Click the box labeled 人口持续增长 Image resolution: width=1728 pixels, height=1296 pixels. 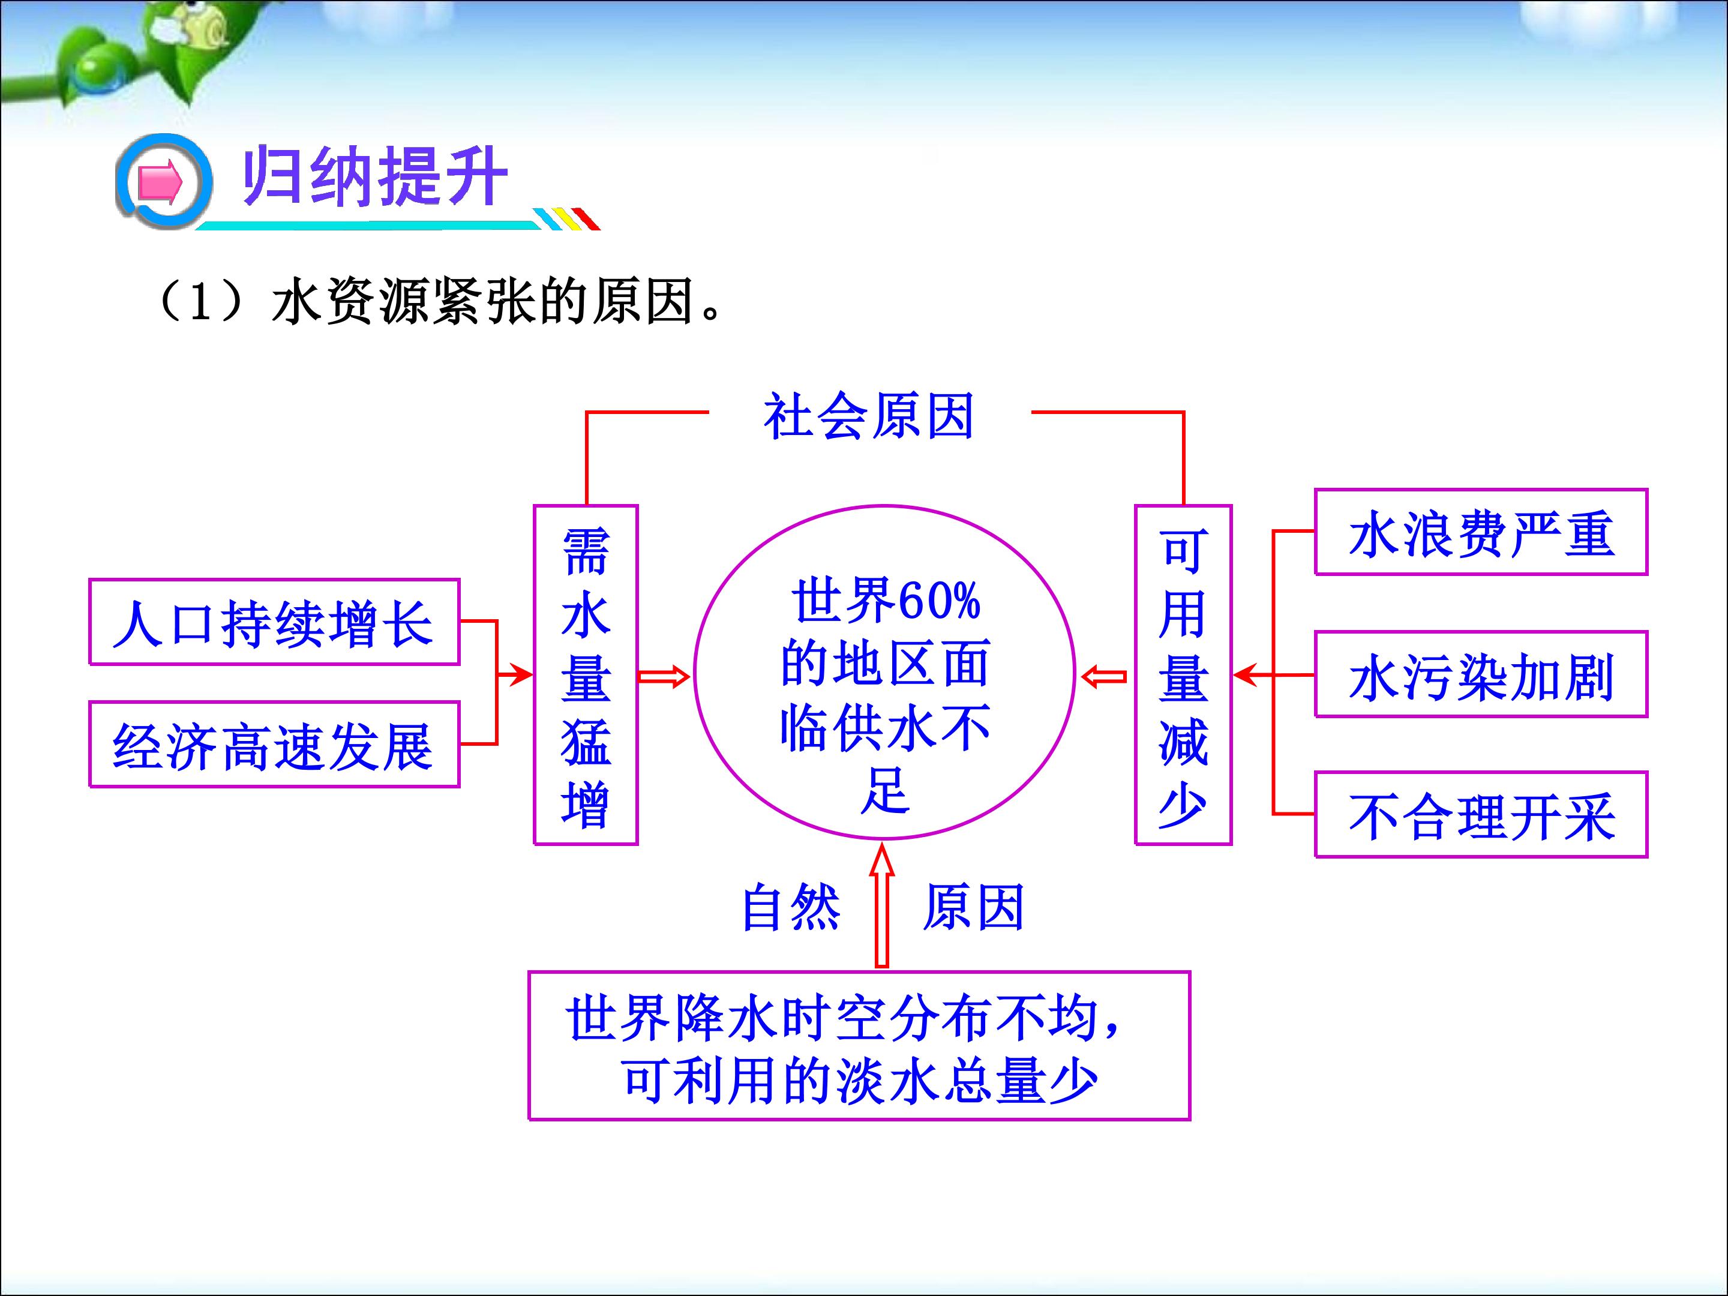(x=274, y=622)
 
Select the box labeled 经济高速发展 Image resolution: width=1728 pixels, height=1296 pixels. (x=274, y=743)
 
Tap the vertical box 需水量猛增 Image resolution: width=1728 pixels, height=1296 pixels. (x=586, y=675)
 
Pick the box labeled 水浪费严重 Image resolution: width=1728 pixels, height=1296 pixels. (x=1481, y=532)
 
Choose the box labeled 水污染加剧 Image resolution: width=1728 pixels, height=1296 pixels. (x=1481, y=674)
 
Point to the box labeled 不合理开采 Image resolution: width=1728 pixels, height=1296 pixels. (x=1481, y=815)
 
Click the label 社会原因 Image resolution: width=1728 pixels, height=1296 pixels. (x=869, y=416)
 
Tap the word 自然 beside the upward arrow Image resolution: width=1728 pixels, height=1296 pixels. (x=791, y=907)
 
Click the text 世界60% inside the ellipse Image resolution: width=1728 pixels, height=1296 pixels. (x=885, y=601)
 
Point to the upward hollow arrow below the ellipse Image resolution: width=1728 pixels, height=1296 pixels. (x=882, y=905)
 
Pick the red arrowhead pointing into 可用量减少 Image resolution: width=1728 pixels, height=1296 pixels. (x=1245, y=674)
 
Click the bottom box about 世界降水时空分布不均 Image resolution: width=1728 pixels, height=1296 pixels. (x=859, y=1045)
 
